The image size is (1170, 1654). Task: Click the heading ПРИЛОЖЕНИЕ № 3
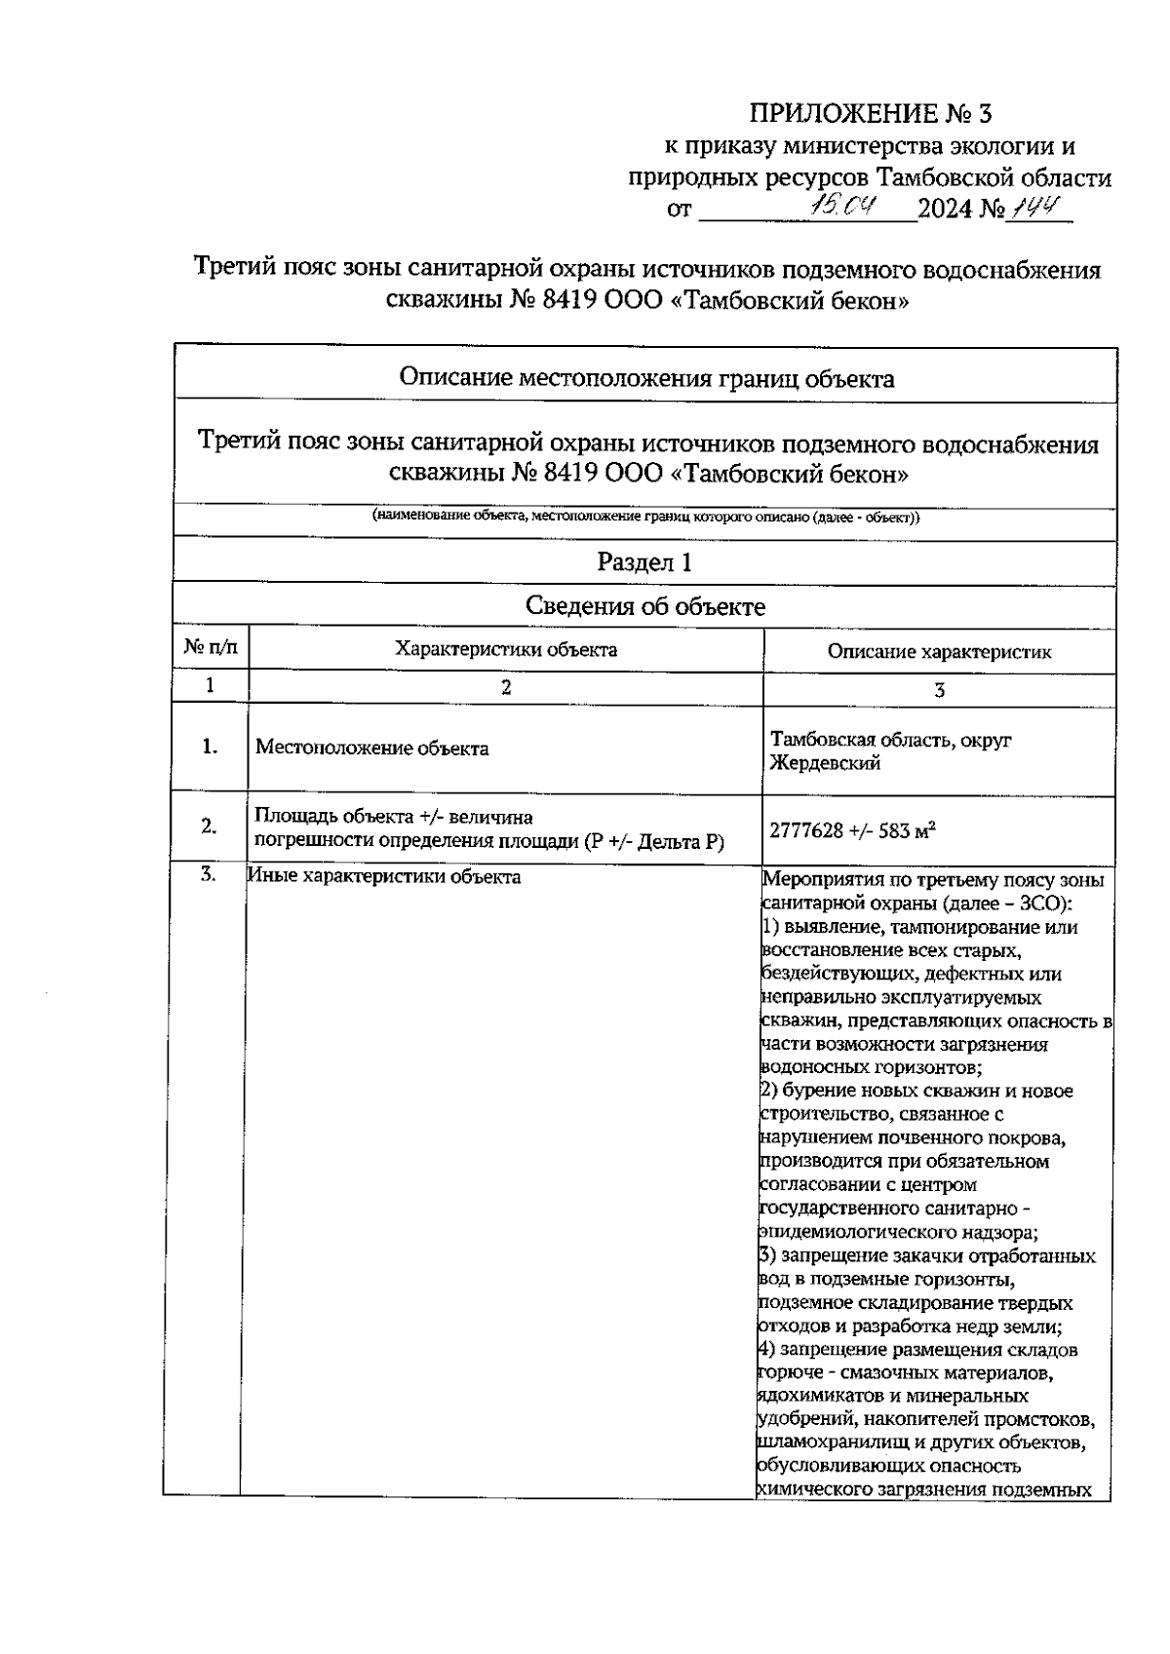pyautogui.click(x=870, y=114)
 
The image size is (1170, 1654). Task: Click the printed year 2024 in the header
pyautogui.click(x=946, y=209)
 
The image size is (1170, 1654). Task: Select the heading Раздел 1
pyautogui.click(x=644, y=561)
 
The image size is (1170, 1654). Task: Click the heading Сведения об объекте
pyautogui.click(x=644, y=606)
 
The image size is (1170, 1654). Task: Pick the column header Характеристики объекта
pyautogui.click(x=505, y=649)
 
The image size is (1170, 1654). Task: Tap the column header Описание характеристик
pyautogui.click(x=939, y=652)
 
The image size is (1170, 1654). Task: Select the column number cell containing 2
pyautogui.click(x=505, y=687)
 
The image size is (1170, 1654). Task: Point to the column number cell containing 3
pyautogui.click(x=939, y=690)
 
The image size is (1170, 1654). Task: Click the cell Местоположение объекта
pyautogui.click(x=371, y=749)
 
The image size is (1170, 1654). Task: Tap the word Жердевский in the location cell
pyautogui.click(x=825, y=763)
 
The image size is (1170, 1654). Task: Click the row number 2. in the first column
pyautogui.click(x=209, y=827)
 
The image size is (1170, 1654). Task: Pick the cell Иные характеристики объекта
pyautogui.click(x=384, y=876)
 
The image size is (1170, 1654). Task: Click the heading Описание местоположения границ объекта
pyautogui.click(x=646, y=378)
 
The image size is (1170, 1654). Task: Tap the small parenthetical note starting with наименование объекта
pyautogui.click(x=645, y=517)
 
